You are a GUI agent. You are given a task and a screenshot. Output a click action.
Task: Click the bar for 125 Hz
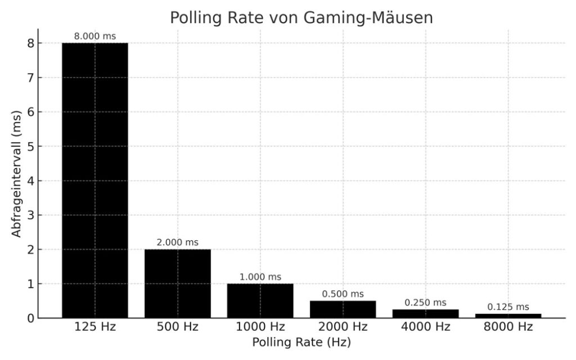(94, 180)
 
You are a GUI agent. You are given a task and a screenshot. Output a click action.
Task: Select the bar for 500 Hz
(177, 283)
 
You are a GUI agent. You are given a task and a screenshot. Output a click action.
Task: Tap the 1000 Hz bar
(260, 301)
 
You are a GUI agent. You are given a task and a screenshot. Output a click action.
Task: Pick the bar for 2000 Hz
(343, 309)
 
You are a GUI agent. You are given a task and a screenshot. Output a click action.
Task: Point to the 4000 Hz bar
(425, 314)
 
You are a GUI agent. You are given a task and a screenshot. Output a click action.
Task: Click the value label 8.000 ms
(94, 37)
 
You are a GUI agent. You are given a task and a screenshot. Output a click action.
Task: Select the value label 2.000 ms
(177, 242)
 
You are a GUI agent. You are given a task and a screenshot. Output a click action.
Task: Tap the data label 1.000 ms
(260, 277)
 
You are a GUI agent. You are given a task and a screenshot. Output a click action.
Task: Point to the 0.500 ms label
(343, 294)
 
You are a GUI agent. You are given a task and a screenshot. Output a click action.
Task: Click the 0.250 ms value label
(425, 303)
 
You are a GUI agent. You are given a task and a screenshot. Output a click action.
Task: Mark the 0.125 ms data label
(508, 307)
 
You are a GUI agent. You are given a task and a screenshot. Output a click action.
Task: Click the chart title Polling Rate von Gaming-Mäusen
(301, 17)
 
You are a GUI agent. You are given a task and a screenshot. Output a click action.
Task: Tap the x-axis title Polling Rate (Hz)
(301, 342)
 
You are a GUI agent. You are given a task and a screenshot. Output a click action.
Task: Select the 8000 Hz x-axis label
(508, 327)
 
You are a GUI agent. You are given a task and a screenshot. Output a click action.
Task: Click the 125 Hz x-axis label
(94, 327)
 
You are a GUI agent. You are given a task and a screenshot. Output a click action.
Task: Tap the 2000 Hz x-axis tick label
(343, 327)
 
